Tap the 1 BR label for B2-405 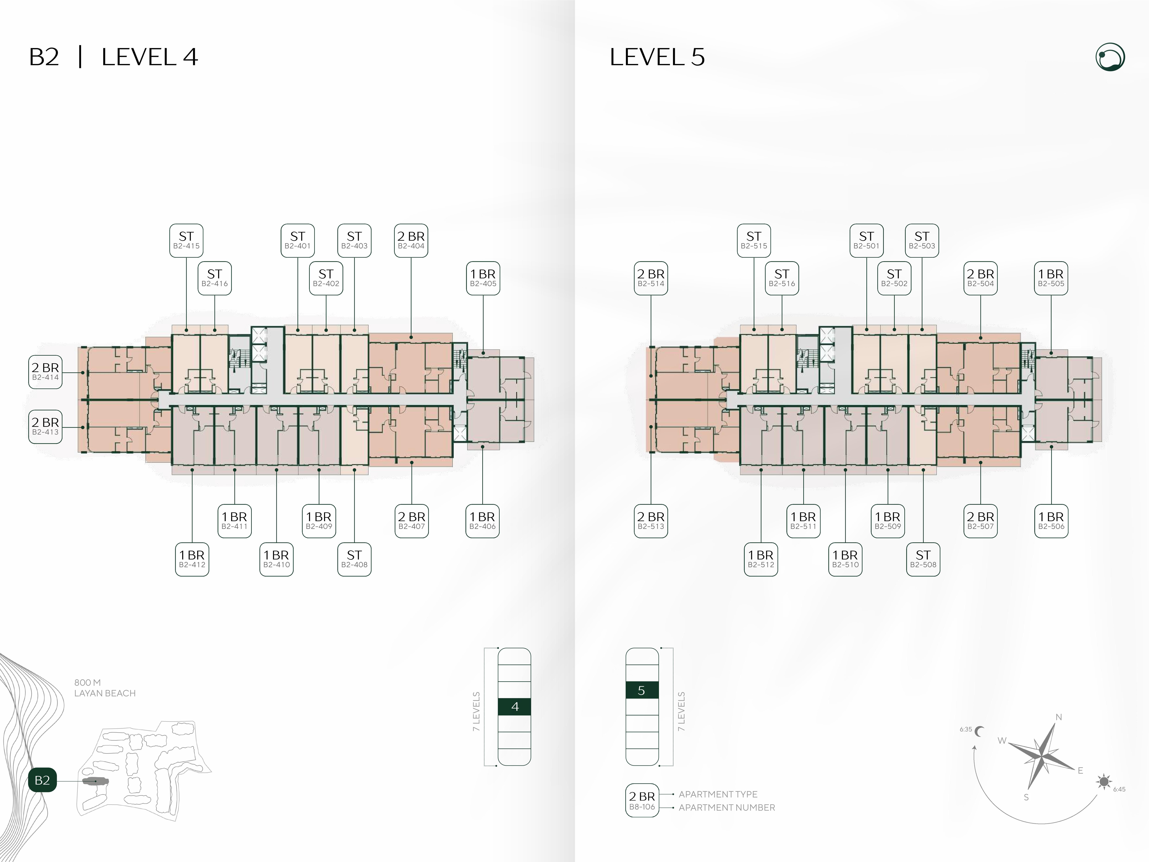[483, 278]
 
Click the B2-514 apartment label [651, 278]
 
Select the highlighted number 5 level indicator [642, 690]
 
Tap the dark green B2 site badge [42, 780]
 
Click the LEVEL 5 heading [657, 57]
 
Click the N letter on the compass [1059, 717]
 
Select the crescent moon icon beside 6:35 [980, 732]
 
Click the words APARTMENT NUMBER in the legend [727, 807]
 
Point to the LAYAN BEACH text [105, 693]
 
